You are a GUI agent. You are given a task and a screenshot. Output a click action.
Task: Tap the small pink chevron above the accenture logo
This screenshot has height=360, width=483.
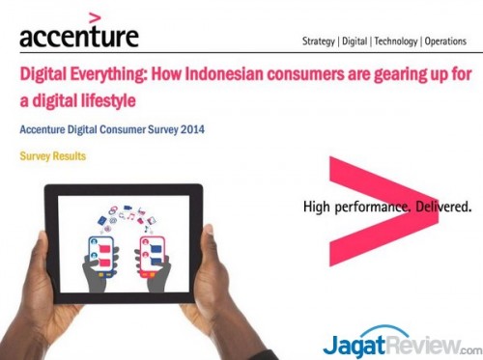[x=94, y=15]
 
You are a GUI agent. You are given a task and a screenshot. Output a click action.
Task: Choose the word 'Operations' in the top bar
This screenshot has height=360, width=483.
[x=449, y=42]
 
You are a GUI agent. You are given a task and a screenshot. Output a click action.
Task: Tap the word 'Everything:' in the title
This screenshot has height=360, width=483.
[x=107, y=72]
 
